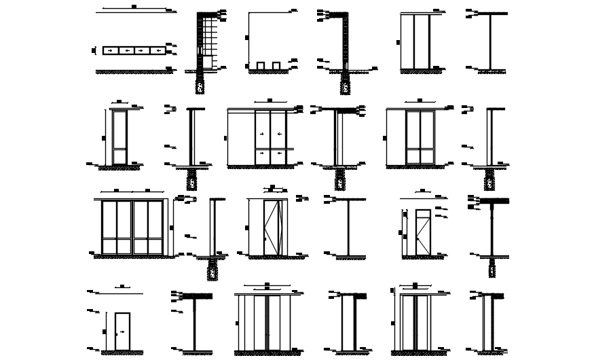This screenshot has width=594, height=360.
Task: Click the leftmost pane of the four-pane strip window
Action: tap(111, 50)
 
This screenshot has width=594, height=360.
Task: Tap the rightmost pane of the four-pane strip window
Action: tap(157, 50)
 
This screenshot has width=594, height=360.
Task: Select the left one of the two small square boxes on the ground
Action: tap(261, 65)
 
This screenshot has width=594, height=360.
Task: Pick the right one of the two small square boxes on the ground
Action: tap(276, 65)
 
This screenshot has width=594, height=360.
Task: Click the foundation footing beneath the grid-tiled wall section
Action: tap(200, 86)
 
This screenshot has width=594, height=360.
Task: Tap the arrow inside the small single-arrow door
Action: tap(122, 331)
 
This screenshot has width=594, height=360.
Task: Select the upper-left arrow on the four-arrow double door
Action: tap(263, 134)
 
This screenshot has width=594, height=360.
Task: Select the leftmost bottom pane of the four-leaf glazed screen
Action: tap(109, 246)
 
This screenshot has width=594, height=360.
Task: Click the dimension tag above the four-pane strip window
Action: tap(133, 7)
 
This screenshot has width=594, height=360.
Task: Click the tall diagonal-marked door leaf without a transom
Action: tap(271, 228)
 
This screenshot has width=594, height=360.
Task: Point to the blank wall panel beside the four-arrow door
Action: tap(242, 139)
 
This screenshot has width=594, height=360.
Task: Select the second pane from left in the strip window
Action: tap(126, 50)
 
